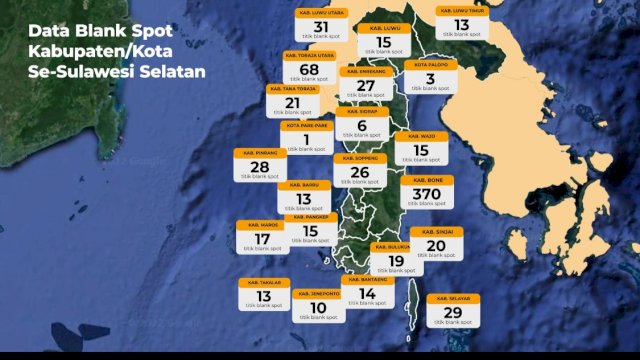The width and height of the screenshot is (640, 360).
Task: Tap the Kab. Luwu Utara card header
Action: (x=321, y=13)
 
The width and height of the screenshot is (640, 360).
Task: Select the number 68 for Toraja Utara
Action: (x=309, y=69)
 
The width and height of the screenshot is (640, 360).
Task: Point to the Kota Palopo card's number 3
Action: (x=430, y=79)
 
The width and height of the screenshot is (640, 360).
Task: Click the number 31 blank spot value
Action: (x=321, y=27)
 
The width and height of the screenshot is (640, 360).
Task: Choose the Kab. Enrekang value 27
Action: (x=366, y=86)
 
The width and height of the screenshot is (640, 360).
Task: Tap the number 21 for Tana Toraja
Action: (x=292, y=103)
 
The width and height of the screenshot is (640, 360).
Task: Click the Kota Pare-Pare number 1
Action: (x=306, y=140)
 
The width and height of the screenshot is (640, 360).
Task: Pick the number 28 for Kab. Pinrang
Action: (x=260, y=167)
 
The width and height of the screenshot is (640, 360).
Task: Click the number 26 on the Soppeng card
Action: (x=360, y=172)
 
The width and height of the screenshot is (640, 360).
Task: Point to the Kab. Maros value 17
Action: (x=262, y=239)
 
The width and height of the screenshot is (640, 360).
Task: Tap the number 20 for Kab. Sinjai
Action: (x=436, y=246)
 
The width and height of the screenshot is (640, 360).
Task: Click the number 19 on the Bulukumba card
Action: (x=395, y=261)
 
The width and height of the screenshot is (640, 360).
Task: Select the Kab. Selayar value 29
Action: (x=452, y=313)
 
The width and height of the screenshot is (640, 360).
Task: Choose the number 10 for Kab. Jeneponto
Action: (x=319, y=307)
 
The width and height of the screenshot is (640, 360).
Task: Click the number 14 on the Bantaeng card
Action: (x=367, y=294)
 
